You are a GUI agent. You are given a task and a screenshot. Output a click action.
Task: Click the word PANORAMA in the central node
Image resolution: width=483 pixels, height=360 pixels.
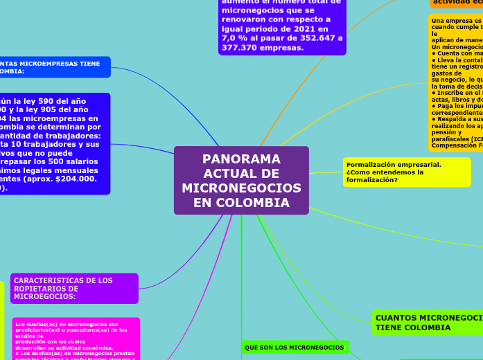(x=241, y=159)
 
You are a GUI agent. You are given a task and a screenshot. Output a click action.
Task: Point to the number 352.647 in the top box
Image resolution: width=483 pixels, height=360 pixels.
(x=319, y=38)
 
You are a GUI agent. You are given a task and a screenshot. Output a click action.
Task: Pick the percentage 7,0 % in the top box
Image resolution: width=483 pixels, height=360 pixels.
(x=235, y=38)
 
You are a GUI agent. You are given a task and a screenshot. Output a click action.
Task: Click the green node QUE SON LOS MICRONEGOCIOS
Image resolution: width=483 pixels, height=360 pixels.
(x=294, y=347)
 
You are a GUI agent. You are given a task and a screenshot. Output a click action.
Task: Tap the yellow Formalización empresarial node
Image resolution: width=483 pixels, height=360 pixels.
(x=407, y=172)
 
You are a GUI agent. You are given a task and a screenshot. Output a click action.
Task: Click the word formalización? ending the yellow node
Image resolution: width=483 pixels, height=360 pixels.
(x=372, y=180)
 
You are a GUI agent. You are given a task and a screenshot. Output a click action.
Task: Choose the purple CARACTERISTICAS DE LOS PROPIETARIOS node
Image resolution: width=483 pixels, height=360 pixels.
(x=74, y=289)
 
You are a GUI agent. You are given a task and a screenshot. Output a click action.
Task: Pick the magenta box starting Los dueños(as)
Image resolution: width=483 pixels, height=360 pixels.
(x=76, y=339)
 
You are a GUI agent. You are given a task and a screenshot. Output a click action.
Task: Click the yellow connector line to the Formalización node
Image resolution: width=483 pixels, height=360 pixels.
(x=326, y=172)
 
